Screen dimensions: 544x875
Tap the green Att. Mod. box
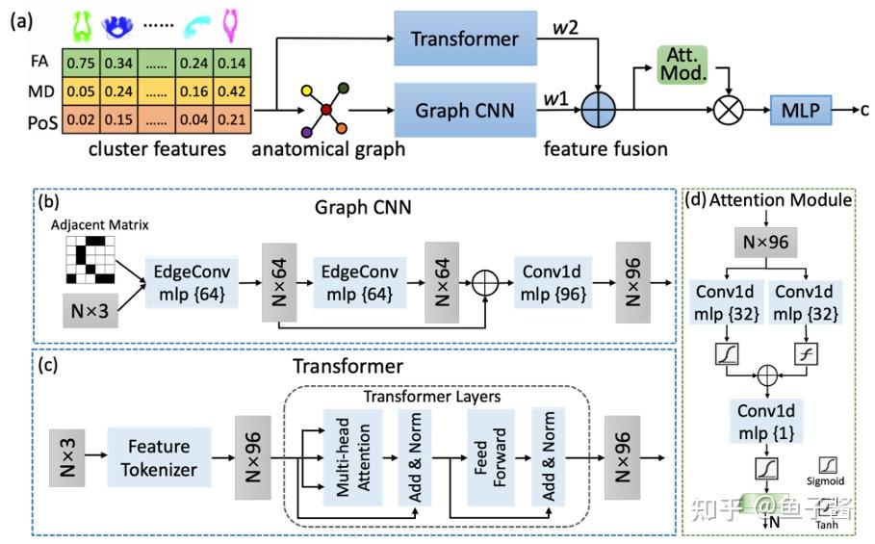(x=682, y=64)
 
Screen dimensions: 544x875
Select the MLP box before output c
(x=800, y=111)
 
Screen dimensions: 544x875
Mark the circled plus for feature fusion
(x=604, y=112)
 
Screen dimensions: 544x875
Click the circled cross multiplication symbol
(x=728, y=112)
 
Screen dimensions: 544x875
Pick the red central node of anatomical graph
(x=327, y=111)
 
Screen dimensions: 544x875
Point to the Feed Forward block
(x=483, y=455)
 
